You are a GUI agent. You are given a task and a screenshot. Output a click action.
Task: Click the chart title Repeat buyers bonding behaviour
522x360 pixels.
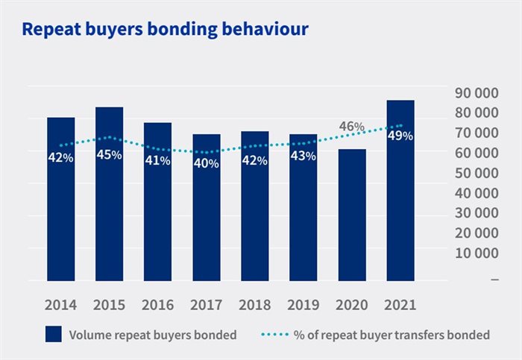pyautogui.click(x=166, y=29)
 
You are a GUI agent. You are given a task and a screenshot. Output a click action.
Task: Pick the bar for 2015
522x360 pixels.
pyautogui.click(x=109, y=209)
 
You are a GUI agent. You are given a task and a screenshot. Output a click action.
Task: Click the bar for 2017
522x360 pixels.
pyautogui.click(x=206, y=216)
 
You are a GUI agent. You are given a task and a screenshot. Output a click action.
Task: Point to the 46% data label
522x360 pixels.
pyautogui.click(x=351, y=127)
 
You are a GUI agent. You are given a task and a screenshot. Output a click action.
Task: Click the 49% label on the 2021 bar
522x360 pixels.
pyautogui.click(x=400, y=136)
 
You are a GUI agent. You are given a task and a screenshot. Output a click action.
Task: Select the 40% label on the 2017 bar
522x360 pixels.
pyautogui.click(x=206, y=163)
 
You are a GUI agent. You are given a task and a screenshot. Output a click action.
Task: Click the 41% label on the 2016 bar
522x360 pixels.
pyautogui.click(x=157, y=160)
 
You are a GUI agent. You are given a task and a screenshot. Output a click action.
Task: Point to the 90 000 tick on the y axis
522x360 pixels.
pyautogui.click(x=477, y=93)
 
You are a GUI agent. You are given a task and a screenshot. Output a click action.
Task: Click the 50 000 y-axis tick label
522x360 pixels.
pyautogui.click(x=477, y=173)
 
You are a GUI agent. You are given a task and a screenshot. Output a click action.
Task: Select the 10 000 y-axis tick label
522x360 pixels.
pyautogui.click(x=477, y=253)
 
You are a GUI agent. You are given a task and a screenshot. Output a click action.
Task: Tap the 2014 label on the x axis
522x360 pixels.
pyautogui.click(x=60, y=304)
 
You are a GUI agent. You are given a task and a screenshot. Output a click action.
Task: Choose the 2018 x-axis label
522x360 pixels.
pyautogui.click(x=254, y=304)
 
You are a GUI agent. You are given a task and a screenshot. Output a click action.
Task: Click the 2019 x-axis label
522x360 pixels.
pyautogui.click(x=303, y=304)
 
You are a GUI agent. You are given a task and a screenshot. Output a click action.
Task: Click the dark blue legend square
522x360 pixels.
pyautogui.click(x=54, y=335)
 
